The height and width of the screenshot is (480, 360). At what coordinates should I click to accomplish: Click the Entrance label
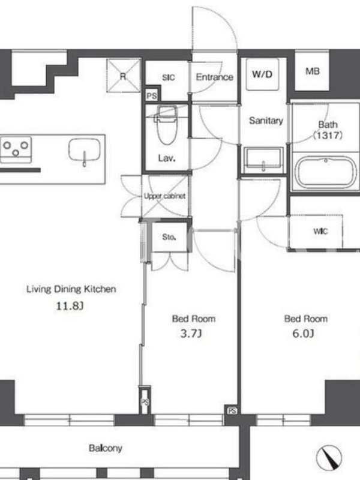(x=214, y=77)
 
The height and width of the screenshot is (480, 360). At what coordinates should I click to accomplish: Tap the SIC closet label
(x=169, y=77)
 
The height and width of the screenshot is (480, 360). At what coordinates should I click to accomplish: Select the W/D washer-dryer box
(x=262, y=74)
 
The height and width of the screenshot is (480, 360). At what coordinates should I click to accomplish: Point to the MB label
(x=312, y=71)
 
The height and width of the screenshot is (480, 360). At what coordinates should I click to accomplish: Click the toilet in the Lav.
(x=167, y=125)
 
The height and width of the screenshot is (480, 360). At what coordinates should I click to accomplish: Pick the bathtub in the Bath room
(x=326, y=172)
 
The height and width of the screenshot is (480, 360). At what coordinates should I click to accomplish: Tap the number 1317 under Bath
(x=328, y=135)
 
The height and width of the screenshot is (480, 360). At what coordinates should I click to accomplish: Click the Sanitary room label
(x=266, y=121)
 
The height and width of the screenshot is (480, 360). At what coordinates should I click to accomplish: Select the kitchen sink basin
(x=85, y=150)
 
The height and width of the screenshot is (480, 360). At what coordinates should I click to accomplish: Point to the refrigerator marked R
(x=123, y=76)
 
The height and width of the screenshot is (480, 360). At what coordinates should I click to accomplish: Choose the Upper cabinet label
(x=164, y=196)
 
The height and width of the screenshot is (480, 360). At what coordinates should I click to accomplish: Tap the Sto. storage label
(x=169, y=237)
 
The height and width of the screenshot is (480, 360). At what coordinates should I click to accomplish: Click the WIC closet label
(x=320, y=231)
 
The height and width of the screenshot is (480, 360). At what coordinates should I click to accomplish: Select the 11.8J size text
(x=70, y=306)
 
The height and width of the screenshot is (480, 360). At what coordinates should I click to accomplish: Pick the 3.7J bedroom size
(x=191, y=333)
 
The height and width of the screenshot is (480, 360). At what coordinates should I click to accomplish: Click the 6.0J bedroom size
(x=303, y=333)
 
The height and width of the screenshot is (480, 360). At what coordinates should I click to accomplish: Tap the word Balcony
(x=106, y=448)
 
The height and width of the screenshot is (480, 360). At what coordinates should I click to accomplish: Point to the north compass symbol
(x=329, y=457)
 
